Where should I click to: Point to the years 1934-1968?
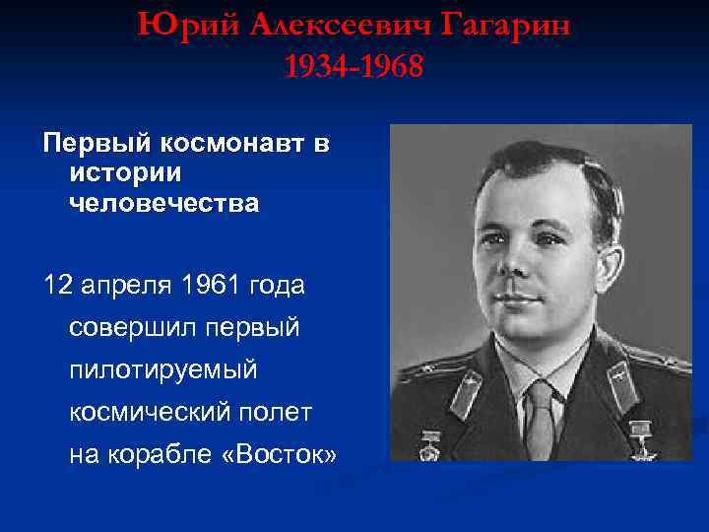[354, 67]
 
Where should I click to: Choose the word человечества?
[164, 204]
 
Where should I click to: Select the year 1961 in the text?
[203, 286]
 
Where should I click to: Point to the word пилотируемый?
[162, 370]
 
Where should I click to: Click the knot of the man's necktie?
[540, 391]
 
